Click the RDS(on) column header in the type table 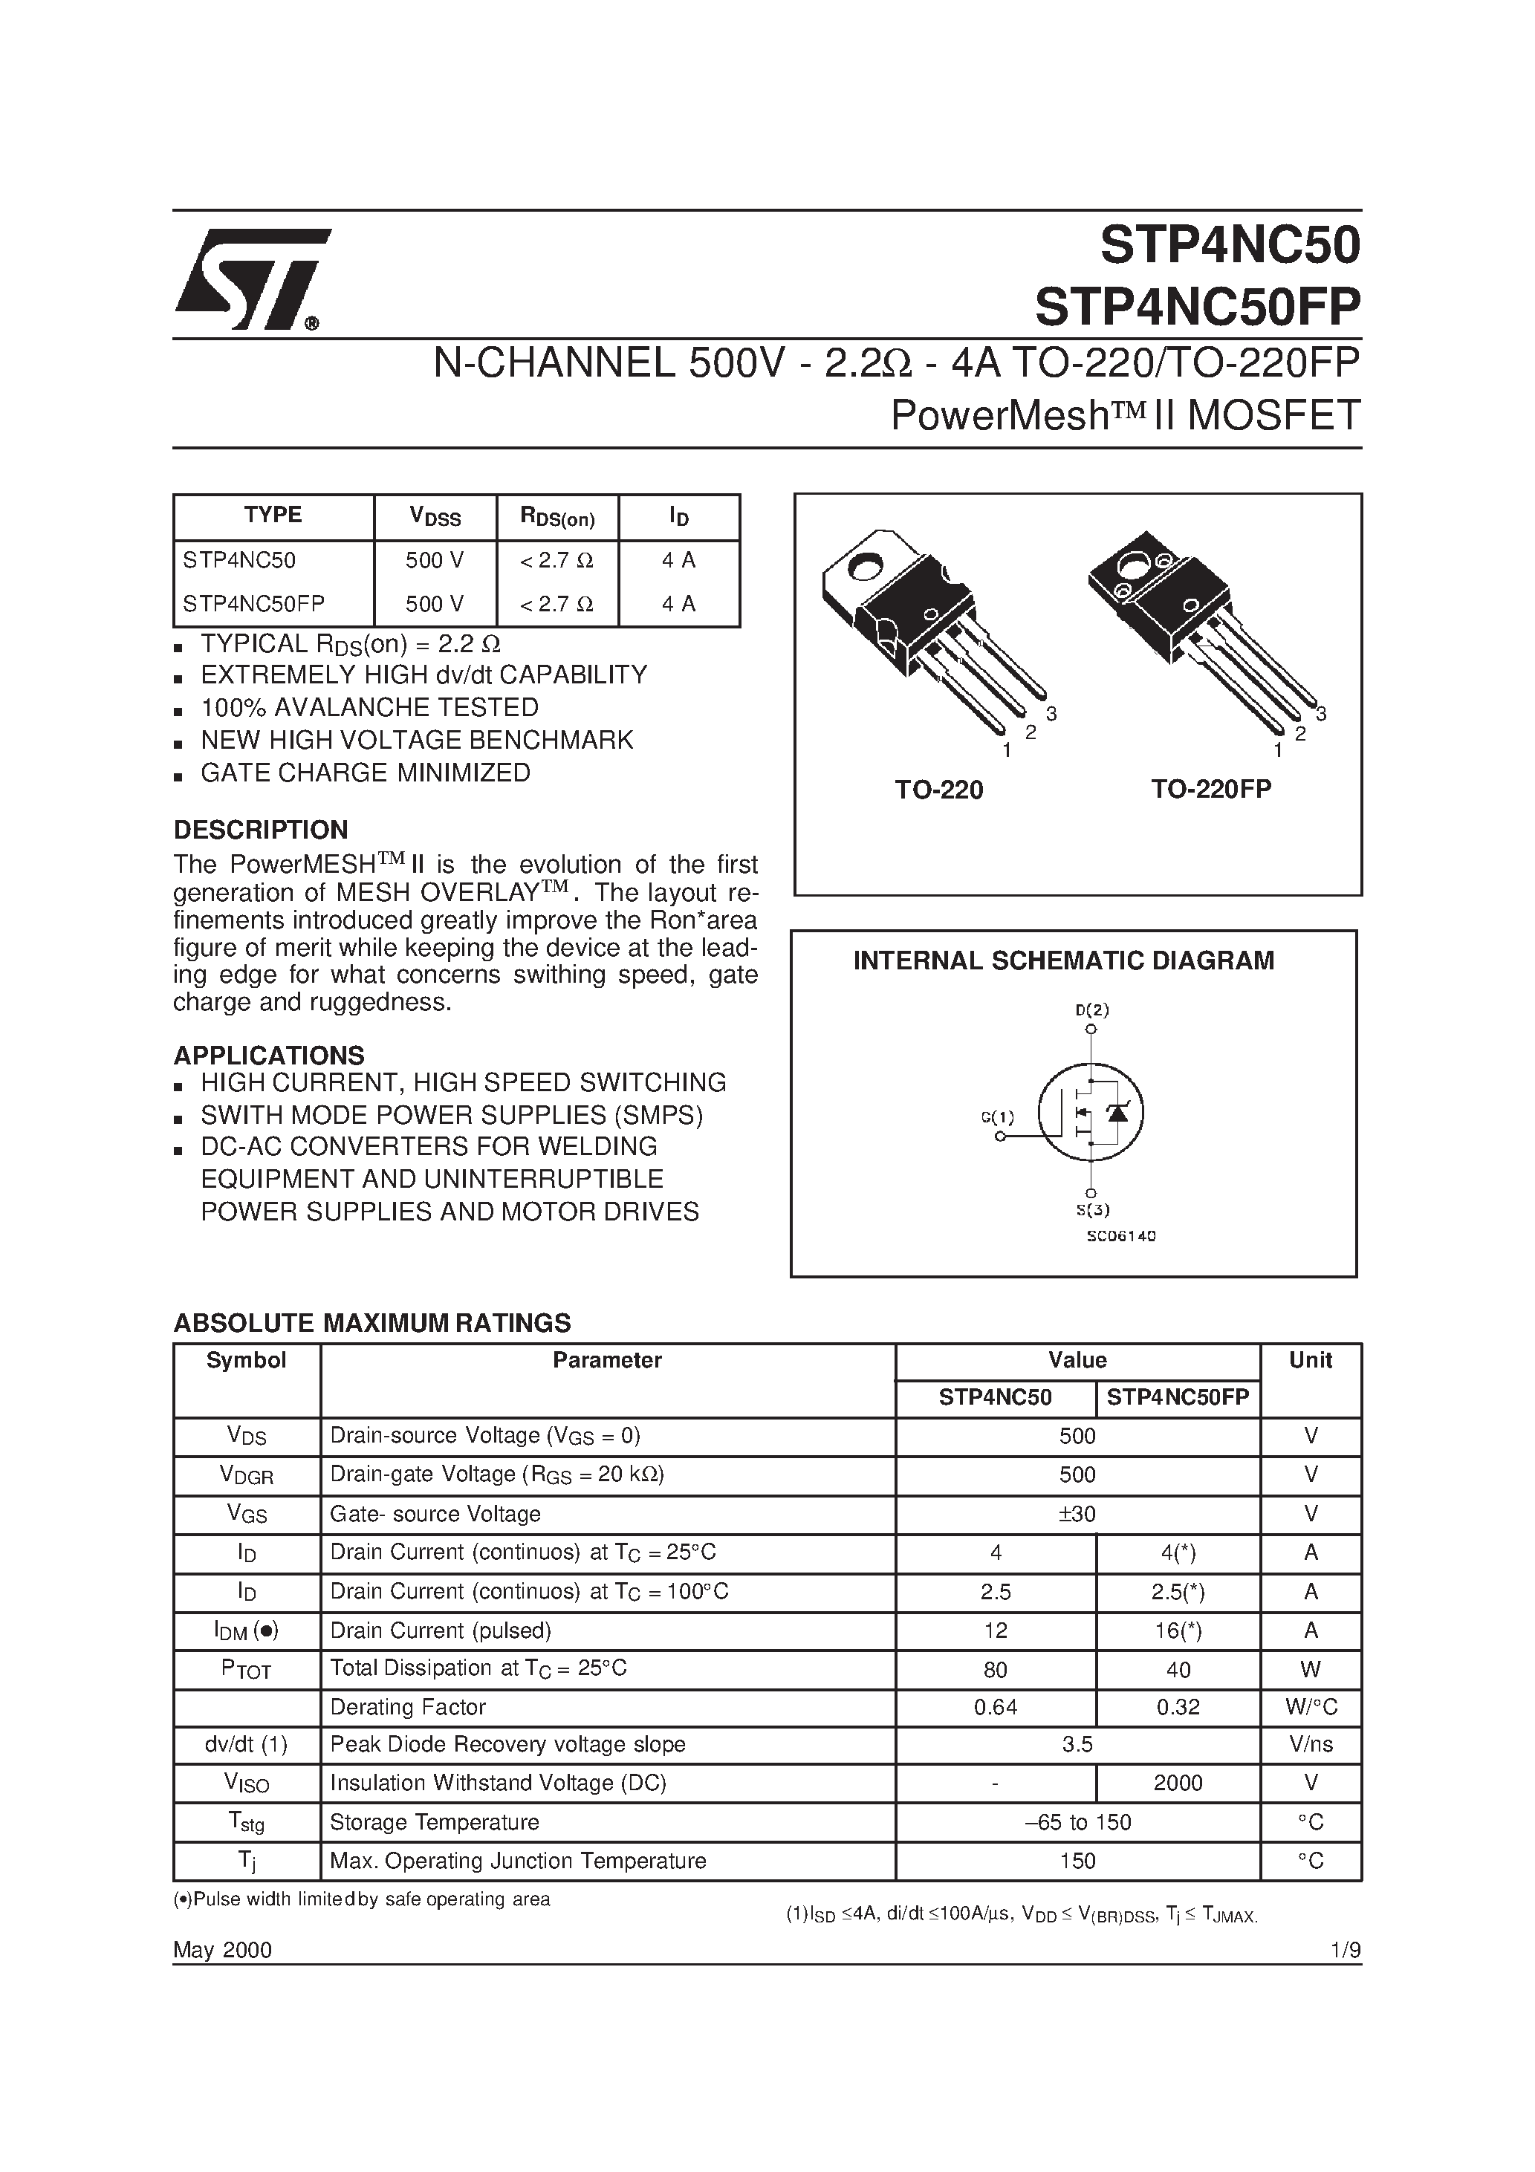point(557,516)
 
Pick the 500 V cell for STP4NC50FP point(435,604)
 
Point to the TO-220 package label point(939,790)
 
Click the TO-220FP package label point(1210,790)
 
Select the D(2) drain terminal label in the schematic point(1091,1009)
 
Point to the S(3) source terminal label point(1091,1209)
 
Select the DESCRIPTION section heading point(260,830)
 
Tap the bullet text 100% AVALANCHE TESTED point(369,708)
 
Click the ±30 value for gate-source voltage point(1077,1514)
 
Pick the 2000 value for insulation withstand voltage point(1178,1782)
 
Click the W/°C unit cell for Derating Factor point(1310,1706)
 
